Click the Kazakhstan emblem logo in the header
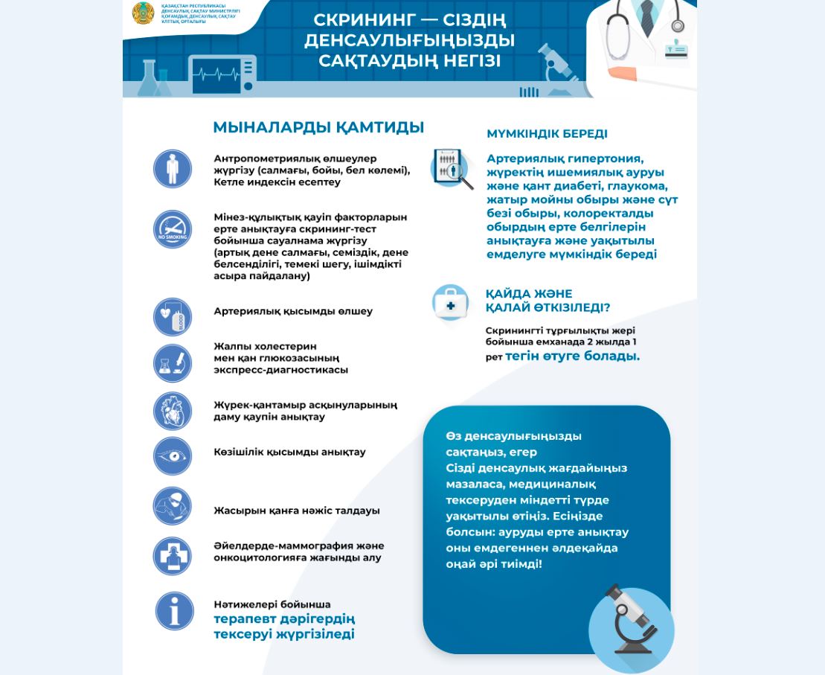coord(143,13)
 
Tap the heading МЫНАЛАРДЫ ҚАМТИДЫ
coord(318,127)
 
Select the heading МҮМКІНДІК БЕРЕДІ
coord(547,134)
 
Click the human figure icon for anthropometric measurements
coord(173,168)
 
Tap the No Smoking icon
coord(173,229)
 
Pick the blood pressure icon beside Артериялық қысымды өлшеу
coord(173,316)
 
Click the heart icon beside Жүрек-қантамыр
coord(173,410)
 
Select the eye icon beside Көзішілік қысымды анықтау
coord(173,455)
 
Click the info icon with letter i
coord(174,611)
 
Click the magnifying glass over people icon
coord(452,168)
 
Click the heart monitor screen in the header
coord(222,75)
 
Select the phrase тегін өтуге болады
coord(572,356)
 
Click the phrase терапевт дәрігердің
coord(284,618)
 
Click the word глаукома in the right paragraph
coord(638,186)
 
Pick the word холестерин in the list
coord(286,346)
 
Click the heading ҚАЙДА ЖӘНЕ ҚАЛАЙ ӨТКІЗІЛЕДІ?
coord(548,301)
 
